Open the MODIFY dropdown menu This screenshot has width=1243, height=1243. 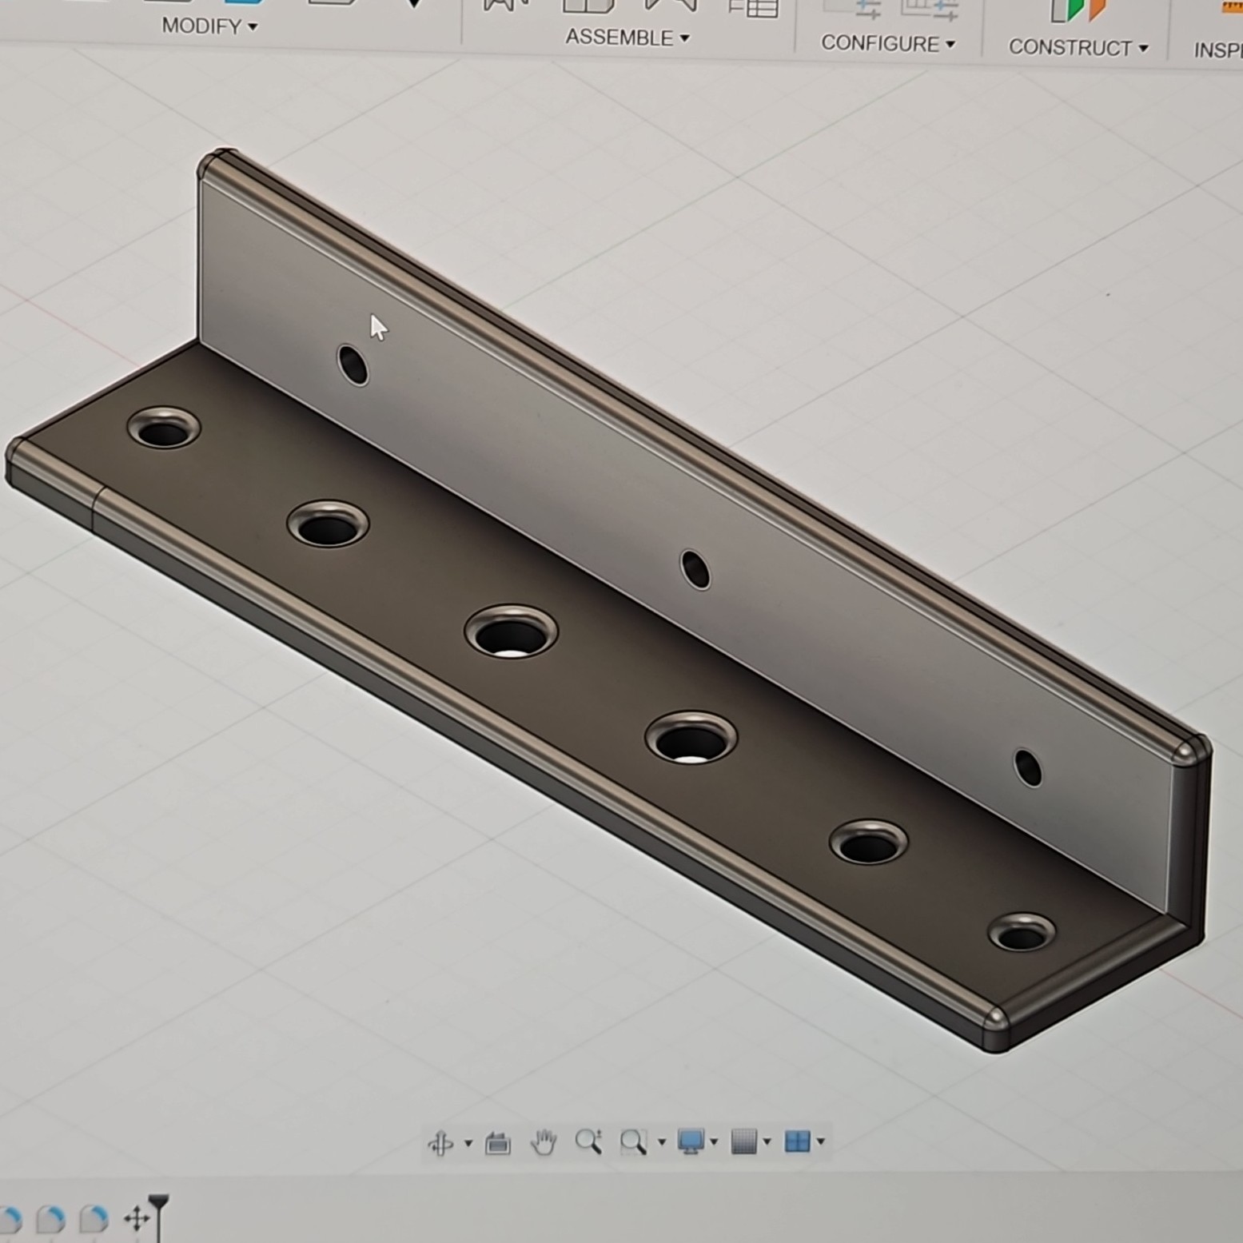tap(209, 26)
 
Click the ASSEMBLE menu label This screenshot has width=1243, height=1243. tap(627, 38)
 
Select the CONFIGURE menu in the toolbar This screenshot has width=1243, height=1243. tap(887, 44)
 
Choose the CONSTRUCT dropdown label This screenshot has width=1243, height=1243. tap(1078, 48)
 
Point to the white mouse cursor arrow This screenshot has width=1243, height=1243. tap(377, 327)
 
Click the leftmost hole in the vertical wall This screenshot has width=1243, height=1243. tap(353, 365)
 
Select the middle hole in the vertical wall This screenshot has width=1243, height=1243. tap(695, 570)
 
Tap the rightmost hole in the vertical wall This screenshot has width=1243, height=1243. tap(1027, 767)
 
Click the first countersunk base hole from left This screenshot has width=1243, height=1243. tap(164, 429)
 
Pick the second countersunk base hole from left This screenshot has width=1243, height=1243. tap(328, 525)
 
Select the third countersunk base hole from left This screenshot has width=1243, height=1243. tap(511, 632)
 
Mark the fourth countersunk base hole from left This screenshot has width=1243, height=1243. tap(691, 738)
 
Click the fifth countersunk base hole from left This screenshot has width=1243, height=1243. tap(868, 843)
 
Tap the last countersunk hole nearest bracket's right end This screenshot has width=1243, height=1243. tap(1022, 933)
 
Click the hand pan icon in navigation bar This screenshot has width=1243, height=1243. tap(544, 1142)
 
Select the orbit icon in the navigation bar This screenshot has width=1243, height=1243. tap(440, 1143)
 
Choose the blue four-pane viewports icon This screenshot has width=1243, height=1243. tap(797, 1141)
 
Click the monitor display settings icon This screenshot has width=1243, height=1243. tap(691, 1141)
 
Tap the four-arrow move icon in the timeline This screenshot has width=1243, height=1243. tap(137, 1219)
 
